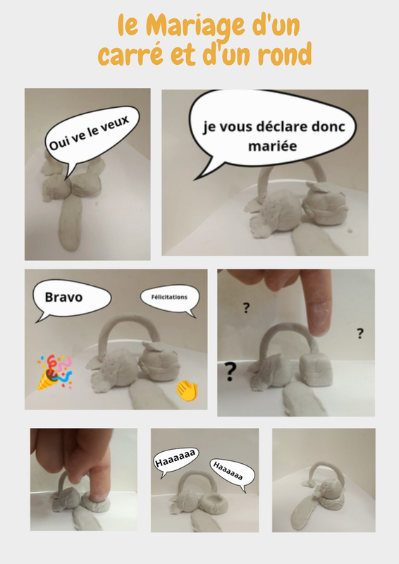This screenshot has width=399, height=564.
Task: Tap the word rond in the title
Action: click(285, 54)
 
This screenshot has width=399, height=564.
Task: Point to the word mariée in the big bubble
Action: click(273, 146)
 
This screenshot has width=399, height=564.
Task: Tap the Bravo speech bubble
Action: click(71, 298)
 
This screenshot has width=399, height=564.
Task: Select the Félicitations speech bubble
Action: click(170, 298)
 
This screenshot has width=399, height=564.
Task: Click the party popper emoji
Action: click(55, 372)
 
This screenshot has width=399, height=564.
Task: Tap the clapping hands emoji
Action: click(187, 390)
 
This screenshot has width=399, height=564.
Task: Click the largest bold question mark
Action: click(231, 372)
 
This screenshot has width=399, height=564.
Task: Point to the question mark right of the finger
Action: click(360, 333)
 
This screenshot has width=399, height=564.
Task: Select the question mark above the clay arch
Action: click(246, 308)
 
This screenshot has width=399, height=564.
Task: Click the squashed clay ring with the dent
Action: click(214, 503)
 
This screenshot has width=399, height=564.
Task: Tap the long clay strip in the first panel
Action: click(70, 223)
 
